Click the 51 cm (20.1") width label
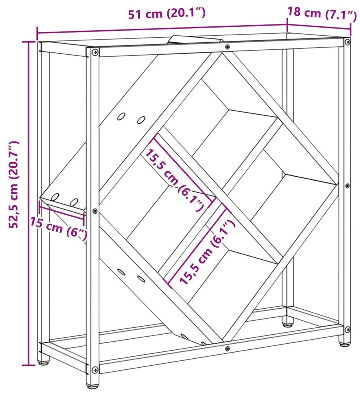(x=167, y=13)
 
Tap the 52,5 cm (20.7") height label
(x=14, y=184)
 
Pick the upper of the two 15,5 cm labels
(x=175, y=180)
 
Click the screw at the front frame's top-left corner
(x=95, y=52)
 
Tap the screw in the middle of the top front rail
(x=228, y=47)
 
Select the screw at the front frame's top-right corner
(x=348, y=42)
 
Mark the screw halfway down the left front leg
(x=95, y=211)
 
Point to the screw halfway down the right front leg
(x=348, y=186)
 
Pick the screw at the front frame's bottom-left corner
(x=95, y=369)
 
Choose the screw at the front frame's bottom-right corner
(x=348, y=329)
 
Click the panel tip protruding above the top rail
(x=196, y=40)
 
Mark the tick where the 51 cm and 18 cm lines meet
(x=287, y=24)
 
